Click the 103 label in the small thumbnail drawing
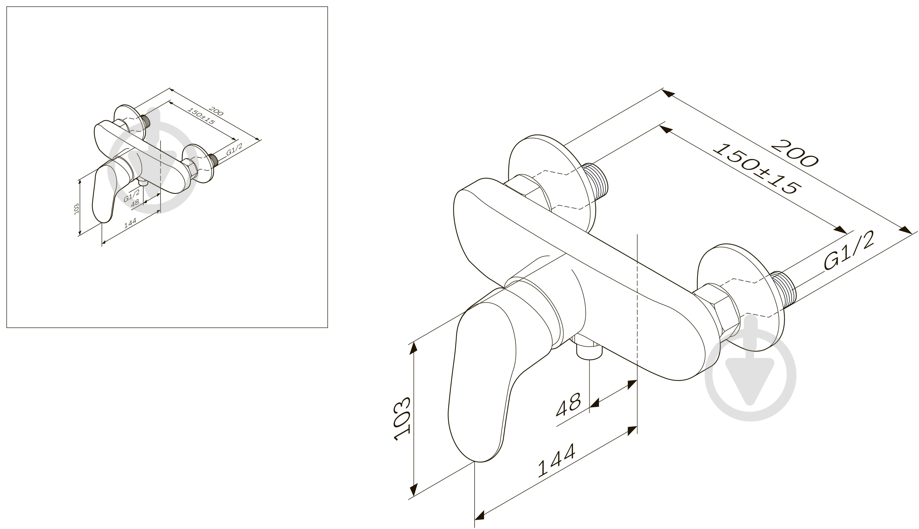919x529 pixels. tap(76, 209)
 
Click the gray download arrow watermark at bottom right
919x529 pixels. tap(750, 374)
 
